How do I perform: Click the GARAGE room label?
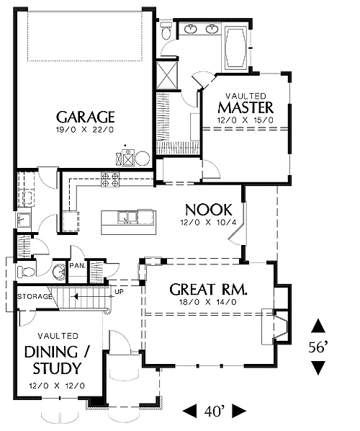point(86,117)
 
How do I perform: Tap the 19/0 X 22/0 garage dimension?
point(85,130)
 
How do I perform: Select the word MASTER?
point(246,107)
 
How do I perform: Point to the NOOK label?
point(209,210)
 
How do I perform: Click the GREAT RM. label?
point(208,290)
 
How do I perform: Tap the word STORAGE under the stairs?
point(35,297)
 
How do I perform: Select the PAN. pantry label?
point(78,266)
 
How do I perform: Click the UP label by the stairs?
point(120,292)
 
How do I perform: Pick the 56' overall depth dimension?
point(318,347)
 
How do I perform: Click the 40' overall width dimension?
point(215,412)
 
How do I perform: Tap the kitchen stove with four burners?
point(110,179)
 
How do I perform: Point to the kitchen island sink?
point(127,218)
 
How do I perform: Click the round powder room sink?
point(59,272)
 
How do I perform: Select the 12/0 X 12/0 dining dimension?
point(57,386)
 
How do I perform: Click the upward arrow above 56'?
point(318,326)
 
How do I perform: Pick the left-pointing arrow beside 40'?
point(190,411)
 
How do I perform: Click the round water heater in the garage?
point(143,159)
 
